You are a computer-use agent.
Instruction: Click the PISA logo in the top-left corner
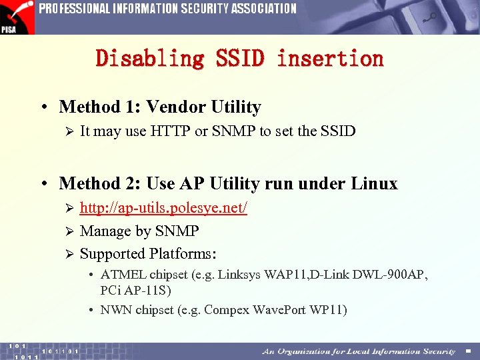(17, 17)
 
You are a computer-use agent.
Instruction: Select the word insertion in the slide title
(331, 59)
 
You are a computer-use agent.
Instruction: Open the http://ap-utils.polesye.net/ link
(163, 208)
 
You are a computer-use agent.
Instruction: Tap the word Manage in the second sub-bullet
(105, 231)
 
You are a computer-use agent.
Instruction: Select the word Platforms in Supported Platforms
(183, 254)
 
